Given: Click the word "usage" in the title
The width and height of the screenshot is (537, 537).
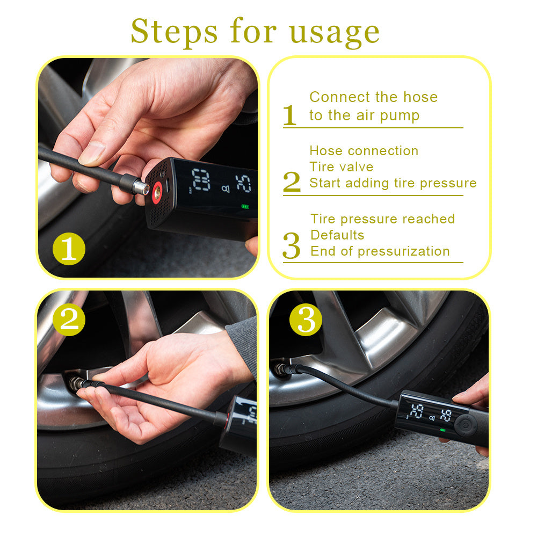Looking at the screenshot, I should pos(334,32).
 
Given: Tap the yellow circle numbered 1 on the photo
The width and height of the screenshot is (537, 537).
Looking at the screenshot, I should pos(69,249).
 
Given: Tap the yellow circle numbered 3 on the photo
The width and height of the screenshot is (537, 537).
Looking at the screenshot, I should pos(306,320).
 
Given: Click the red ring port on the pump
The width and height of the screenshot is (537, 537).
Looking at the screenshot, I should pos(157,192).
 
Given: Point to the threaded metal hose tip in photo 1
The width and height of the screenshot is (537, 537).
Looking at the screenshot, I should pos(141,186).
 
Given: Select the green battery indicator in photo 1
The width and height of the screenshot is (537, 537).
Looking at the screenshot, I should pos(245,206).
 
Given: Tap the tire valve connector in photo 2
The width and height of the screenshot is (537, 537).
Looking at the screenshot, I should pos(77,383).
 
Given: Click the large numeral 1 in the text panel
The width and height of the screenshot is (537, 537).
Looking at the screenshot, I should pos(289,114).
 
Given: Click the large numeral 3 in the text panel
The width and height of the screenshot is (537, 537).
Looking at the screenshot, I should pos(291,246).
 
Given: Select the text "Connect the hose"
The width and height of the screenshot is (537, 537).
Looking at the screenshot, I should pos(373,97).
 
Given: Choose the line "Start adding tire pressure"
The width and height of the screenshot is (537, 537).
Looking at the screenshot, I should pos(393,183).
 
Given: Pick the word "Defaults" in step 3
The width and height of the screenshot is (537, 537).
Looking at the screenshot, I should pos(337,235).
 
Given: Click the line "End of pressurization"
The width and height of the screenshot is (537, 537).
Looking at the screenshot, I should pos(380,251).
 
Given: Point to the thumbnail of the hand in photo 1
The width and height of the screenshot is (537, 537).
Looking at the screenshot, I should pos(92,153).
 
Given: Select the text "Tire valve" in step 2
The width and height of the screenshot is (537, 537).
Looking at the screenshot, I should pos(341,167).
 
